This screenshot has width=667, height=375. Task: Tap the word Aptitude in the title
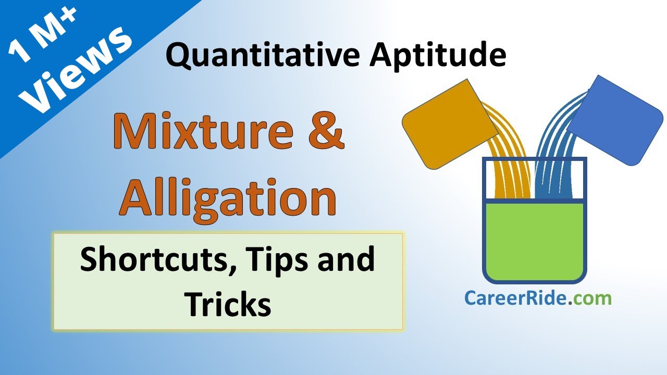[437, 56]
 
